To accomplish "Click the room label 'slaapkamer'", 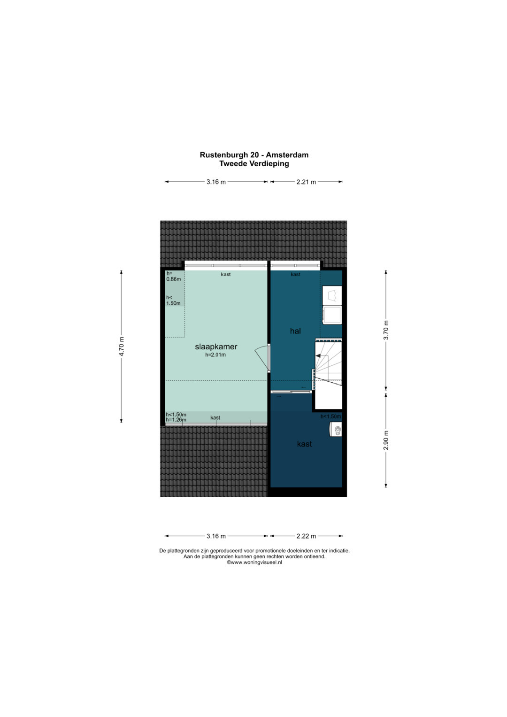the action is (216, 347).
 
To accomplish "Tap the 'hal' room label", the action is (295, 331).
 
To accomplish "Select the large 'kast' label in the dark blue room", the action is (304, 444).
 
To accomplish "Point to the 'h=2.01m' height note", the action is (215, 355).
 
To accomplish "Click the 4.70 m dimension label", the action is (121, 347).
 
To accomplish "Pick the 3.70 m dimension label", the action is (386, 330).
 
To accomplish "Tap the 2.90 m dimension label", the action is (386, 440).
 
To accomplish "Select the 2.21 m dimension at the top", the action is (306, 182).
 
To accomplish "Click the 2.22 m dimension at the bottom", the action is (306, 536).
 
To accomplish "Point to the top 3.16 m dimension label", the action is (216, 182).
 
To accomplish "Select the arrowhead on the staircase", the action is (318, 355).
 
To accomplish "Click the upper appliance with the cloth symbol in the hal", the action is (332, 295).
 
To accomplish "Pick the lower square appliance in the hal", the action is (332, 315).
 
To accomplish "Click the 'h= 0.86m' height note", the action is (173, 276).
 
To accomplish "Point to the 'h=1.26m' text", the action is (176, 420).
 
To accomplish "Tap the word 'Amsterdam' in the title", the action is (287, 155).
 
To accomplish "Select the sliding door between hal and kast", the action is (291, 392).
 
